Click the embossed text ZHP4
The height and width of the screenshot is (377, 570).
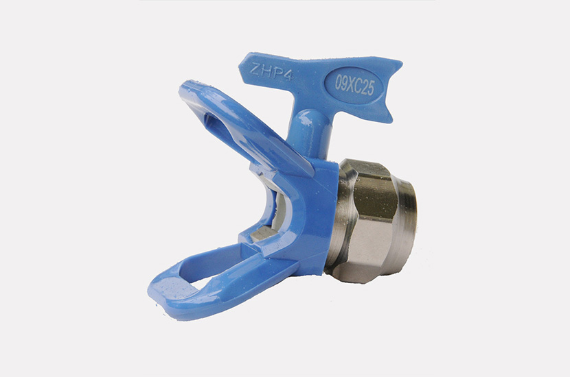pyautogui.click(x=271, y=72)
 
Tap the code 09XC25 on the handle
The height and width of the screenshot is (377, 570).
pyautogui.click(x=354, y=86)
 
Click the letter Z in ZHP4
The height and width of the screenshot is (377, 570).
pyautogui.click(x=255, y=69)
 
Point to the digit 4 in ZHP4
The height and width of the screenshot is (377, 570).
pyautogui.click(x=287, y=75)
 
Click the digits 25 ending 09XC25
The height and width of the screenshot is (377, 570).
pyautogui.click(x=368, y=88)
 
